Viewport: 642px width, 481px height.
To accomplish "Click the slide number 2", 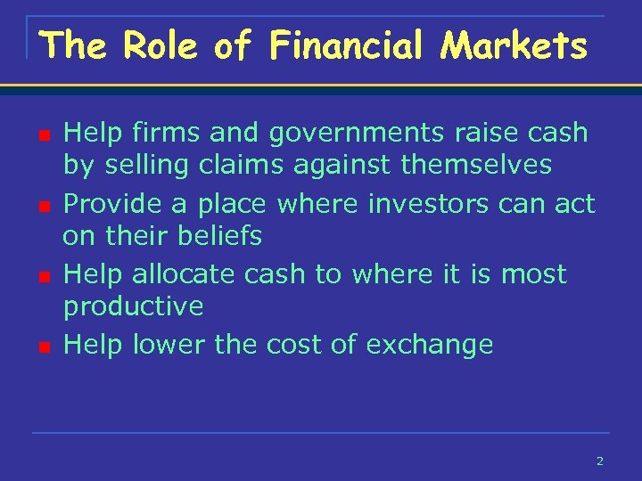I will coord(599,461).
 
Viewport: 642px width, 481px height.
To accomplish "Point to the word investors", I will coord(427,203).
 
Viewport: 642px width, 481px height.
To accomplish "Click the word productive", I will coord(133,307).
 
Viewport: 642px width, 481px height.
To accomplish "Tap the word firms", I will coord(161,133).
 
